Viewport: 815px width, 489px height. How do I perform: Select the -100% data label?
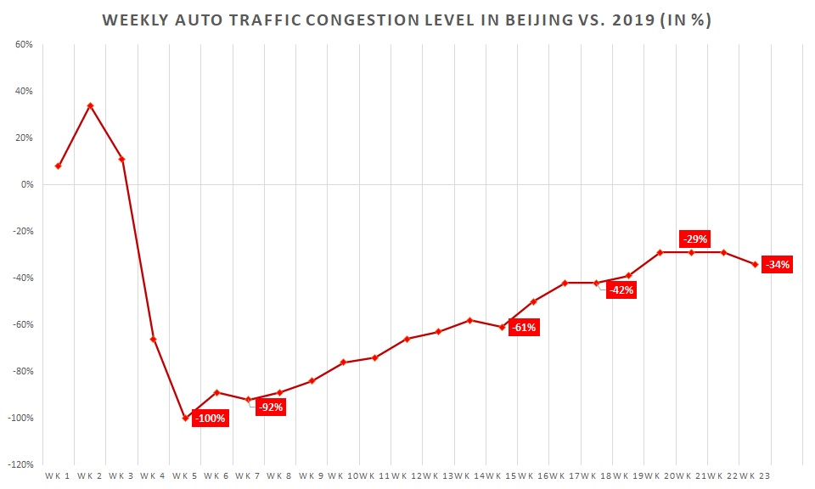(210, 418)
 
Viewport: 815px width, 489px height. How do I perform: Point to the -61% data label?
(523, 327)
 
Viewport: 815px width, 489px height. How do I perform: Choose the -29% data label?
(694, 239)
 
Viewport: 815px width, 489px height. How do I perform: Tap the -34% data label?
(777, 264)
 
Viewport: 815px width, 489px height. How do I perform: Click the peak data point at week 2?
(90, 105)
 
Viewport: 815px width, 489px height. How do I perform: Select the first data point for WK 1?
(58, 166)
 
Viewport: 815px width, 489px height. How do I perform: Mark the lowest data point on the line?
(185, 418)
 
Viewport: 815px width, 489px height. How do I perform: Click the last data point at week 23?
(755, 264)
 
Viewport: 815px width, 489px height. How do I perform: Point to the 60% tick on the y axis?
(24, 44)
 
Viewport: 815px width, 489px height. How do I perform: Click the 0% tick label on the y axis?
(26, 184)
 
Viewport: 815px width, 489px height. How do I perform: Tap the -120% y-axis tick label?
(21, 464)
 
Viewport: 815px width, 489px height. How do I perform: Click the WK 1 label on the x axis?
(58, 475)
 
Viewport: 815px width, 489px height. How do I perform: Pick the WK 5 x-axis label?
(185, 475)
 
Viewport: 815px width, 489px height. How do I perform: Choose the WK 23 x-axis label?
(754, 475)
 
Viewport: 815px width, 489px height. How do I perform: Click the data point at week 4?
(153, 339)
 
